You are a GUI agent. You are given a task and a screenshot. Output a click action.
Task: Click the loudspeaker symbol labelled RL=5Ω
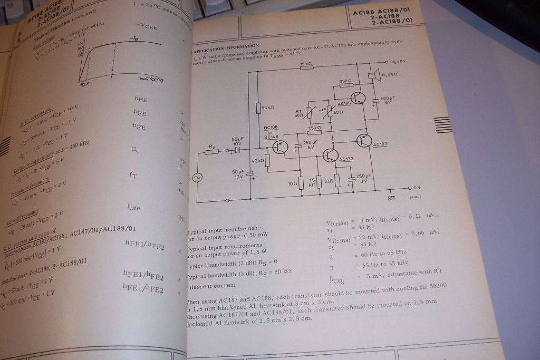pos(378,74)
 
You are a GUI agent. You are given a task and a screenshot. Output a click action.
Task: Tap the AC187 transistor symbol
pos(364,140)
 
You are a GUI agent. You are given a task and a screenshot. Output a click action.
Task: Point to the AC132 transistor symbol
pos(331,154)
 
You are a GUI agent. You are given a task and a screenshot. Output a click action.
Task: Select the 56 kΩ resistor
pos(258,108)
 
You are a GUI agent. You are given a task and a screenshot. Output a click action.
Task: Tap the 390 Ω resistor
pos(345,86)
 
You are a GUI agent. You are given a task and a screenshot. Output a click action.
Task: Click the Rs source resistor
pos(212,151)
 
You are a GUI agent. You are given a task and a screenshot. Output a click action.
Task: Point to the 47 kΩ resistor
pos(267,160)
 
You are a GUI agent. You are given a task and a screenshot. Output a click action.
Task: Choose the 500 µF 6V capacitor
pos(376,100)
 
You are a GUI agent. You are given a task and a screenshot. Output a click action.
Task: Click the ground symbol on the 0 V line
pos(391,196)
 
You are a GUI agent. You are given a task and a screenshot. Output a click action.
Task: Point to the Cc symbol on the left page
pos(136,149)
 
